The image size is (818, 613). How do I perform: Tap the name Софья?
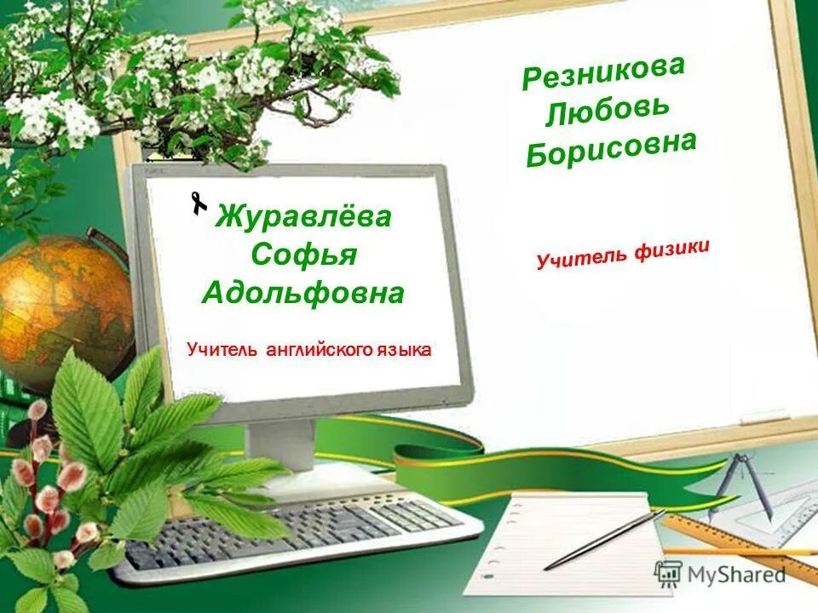[x=303, y=255]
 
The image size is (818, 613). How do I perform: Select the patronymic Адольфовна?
[x=303, y=294]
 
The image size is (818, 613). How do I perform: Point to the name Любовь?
[x=608, y=112]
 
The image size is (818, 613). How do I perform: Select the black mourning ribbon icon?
[x=199, y=203]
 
